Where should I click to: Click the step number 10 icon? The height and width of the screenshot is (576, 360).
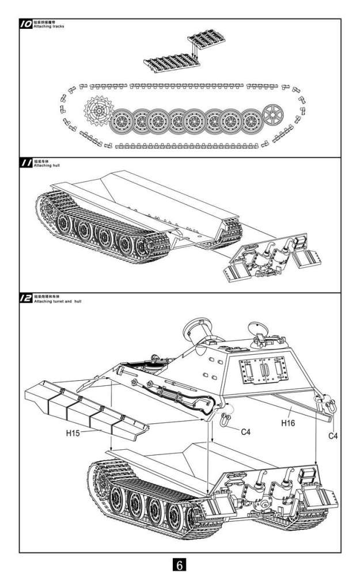(26, 24)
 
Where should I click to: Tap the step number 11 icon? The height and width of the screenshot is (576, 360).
(26, 164)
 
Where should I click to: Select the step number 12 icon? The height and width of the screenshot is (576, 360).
(26, 298)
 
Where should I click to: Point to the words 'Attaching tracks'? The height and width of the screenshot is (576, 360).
(48, 26)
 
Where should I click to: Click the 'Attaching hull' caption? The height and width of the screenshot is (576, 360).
(47, 166)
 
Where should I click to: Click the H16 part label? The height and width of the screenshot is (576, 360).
(288, 423)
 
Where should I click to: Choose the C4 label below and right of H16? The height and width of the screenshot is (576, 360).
(333, 436)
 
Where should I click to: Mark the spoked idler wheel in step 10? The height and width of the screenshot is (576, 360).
(275, 115)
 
